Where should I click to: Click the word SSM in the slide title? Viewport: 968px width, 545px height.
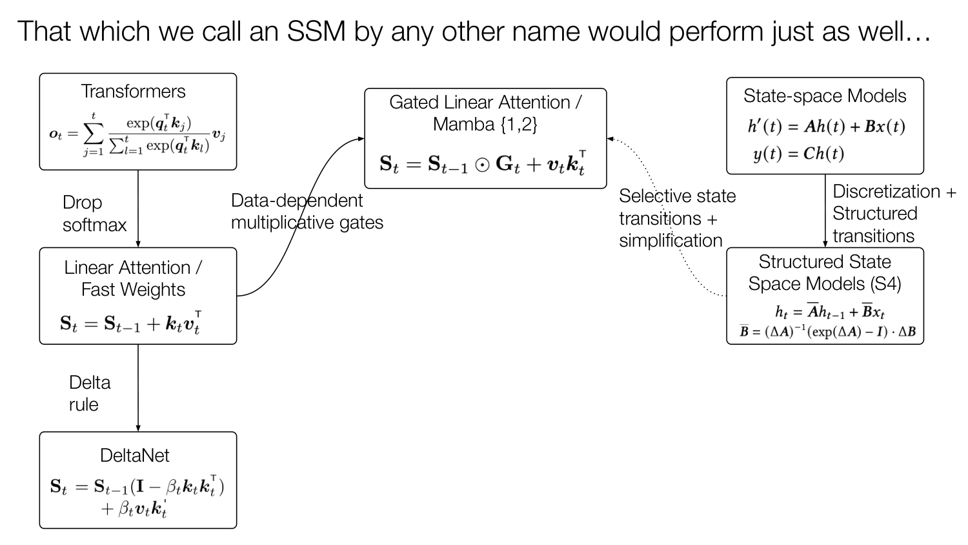tap(316, 31)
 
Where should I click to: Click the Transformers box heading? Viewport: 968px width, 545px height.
tap(133, 91)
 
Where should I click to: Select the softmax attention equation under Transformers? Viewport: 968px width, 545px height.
tap(137, 134)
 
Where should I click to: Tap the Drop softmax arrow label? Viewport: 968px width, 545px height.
tap(95, 214)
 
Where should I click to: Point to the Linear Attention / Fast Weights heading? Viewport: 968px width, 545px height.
tap(133, 278)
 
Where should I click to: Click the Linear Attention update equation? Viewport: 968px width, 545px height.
tap(131, 323)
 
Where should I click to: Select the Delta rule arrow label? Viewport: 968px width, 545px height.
tap(90, 394)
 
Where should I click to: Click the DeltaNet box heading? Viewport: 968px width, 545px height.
tap(134, 455)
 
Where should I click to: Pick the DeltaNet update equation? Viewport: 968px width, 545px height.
tap(137, 497)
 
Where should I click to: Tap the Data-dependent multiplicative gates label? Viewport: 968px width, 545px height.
tap(307, 212)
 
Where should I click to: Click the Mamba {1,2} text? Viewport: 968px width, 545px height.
tap(485, 125)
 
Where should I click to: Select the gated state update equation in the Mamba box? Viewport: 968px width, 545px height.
tap(483, 163)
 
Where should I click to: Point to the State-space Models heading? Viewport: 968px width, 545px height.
tap(825, 96)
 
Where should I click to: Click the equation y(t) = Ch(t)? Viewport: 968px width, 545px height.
tap(799, 154)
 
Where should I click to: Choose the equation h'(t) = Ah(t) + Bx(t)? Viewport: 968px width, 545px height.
tap(826, 127)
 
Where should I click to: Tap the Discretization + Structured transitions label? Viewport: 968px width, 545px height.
tap(894, 214)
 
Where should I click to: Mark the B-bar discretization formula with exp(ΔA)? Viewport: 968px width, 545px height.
tap(827, 331)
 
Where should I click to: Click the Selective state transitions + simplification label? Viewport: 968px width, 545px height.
tap(677, 218)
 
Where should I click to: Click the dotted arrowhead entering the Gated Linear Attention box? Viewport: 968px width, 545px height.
tap(610, 139)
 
